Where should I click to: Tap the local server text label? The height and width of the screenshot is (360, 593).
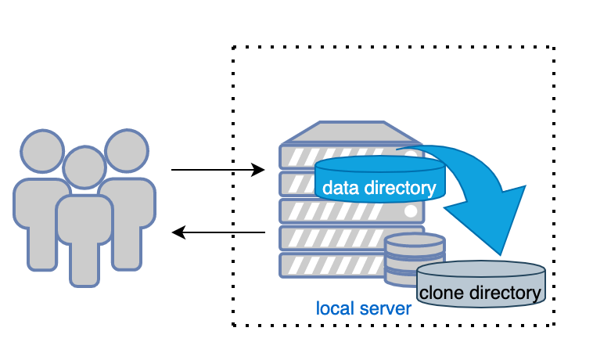(x=364, y=308)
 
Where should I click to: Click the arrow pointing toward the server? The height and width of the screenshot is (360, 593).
(x=218, y=170)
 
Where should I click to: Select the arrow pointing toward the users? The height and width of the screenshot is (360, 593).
(x=218, y=232)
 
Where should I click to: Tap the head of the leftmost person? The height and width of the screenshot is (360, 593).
(x=41, y=151)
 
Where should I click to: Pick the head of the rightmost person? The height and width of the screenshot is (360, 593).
(x=126, y=151)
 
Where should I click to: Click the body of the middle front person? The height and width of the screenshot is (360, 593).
(x=84, y=235)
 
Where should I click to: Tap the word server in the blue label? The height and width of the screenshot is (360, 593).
(x=386, y=308)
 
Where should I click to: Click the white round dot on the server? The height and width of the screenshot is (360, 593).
(x=411, y=211)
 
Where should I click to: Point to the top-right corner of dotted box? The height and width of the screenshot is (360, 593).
(x=554, y=47)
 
